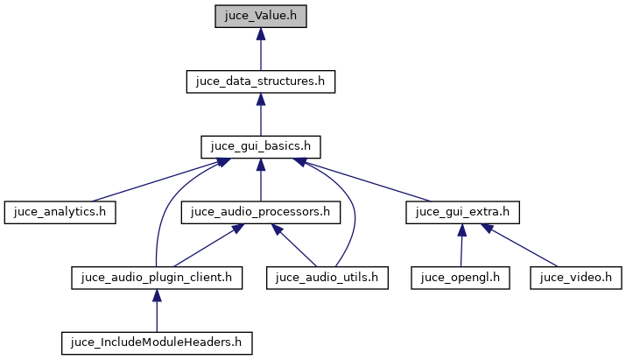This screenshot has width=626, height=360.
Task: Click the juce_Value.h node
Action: (261, 17)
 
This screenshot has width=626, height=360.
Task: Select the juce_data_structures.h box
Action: (261, 81)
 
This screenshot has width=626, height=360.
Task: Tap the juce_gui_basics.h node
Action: (261, 146)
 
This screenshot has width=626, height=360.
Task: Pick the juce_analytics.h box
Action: (60, 211)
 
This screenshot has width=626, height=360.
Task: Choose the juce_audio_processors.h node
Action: (261, 211)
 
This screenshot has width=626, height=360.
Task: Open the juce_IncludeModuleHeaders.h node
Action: (157, 342)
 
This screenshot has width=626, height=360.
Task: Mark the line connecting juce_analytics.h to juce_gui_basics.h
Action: (158, 179)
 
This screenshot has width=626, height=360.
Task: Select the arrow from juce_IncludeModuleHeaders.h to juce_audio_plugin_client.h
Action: (157, 310)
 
